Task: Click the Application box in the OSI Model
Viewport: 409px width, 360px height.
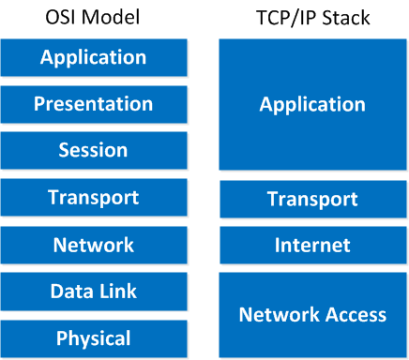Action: coord(93,57)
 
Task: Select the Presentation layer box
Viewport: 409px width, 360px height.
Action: coord(93,104)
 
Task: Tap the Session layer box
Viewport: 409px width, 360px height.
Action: coord(93,150)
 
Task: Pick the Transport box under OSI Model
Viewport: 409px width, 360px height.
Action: coord(93,198)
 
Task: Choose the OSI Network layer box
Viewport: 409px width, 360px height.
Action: coord(93,245)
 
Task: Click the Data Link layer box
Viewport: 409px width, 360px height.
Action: coord(93,292)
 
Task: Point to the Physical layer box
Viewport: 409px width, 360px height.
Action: coord(93,337)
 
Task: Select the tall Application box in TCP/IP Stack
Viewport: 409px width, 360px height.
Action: coord(311,104)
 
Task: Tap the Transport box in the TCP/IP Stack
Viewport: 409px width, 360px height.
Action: coord(311,199)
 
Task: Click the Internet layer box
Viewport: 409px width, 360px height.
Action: coord(311,246)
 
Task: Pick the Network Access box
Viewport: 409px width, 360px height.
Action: coord(311,314)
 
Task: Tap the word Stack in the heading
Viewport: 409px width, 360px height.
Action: coord(344,18)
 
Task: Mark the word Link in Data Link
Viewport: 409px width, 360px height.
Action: coord(116,292)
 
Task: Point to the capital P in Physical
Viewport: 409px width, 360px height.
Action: coord(61,338)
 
